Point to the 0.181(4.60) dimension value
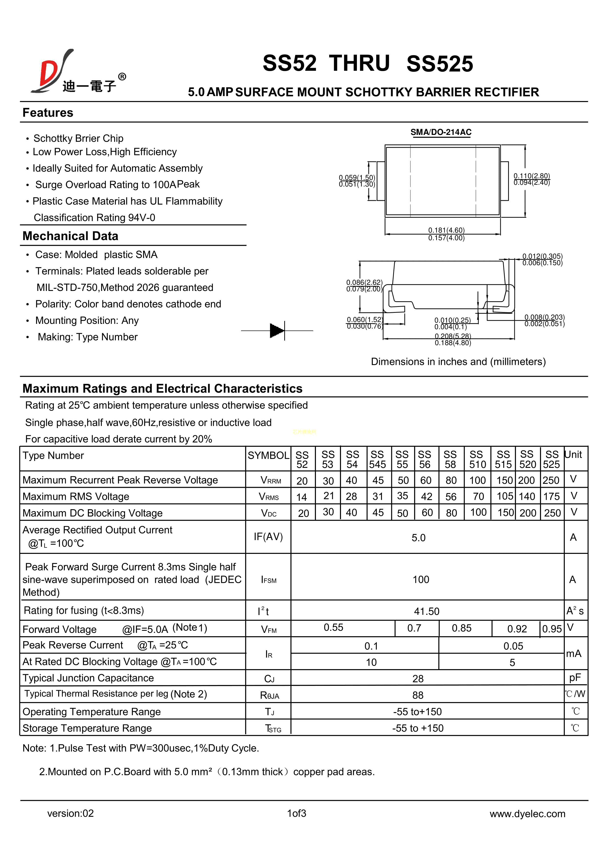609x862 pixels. click(x=446, y=230)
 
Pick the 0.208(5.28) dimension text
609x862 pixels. click(x=453, y=336)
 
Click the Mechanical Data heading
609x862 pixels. click(x=70, y=236)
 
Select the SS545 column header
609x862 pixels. click(x=377, y=460)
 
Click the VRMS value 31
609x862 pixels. click(x=378, y=497)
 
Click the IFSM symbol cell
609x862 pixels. click(x=269, y=580)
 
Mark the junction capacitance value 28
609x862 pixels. click(x=418, y=679)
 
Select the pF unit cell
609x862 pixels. click(x=575, y=678)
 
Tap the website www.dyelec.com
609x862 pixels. click(x=527, y=814)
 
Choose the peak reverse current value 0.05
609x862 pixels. click(x=513, y=646)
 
